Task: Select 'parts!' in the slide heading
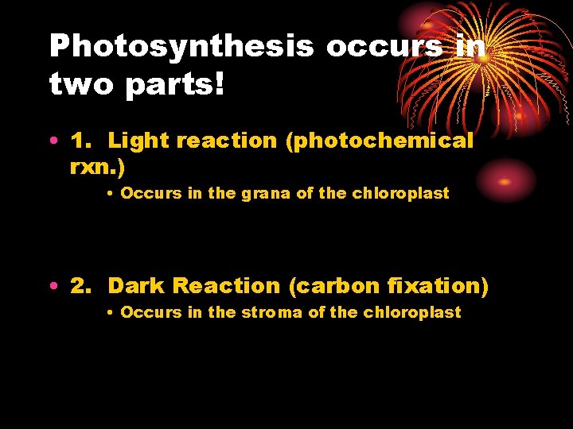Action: (x=183, y=85)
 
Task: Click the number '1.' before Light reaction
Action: (x=82, y=141)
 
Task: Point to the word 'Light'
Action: (x=138, y=141)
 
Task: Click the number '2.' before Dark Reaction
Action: (x=82, y=286)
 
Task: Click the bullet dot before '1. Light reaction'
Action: (x=53, y=142)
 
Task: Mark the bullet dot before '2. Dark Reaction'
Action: (x=53, y=287)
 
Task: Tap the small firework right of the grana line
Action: (x=504, y=181)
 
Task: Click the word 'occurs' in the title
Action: (x=384, y=48)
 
